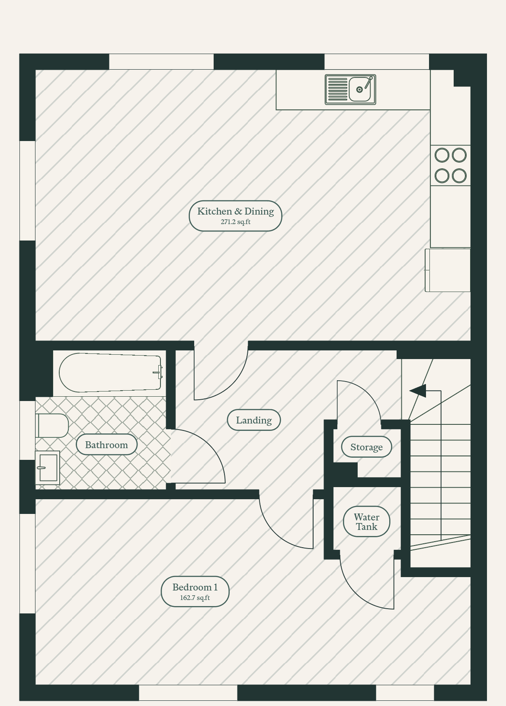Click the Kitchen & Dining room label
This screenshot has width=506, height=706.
click(x=235, y=211)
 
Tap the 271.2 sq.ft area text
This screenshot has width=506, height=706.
click(x=235, y=222)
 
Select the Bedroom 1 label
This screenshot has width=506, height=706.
click(x=195, y=587)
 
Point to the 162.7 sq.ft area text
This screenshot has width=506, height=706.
click(x=195, y=598)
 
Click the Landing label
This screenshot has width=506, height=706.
click(x=253, y=420)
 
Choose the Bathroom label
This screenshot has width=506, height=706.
click(x=106, y=445)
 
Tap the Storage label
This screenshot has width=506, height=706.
click(x=366, y=447)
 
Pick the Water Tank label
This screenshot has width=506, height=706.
click(x=366, y=522)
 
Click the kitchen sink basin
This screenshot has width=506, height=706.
click(x=360, y=89)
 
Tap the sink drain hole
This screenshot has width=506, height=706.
click(x=359, y=90)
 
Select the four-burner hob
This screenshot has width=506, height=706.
click(x=451, y=165)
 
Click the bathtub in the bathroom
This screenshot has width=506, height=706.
click(x=111, y=372)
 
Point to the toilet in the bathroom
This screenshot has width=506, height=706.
click(x=52, y=426)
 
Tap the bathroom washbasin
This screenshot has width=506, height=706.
click(x=47, y=467)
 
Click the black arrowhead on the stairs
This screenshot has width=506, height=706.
click(x=418, y=391)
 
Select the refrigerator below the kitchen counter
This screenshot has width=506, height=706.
click(x=448, y=270)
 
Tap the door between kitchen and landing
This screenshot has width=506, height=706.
click(x=231, y=385)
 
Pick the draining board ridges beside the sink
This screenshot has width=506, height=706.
click(x=337, y=90)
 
